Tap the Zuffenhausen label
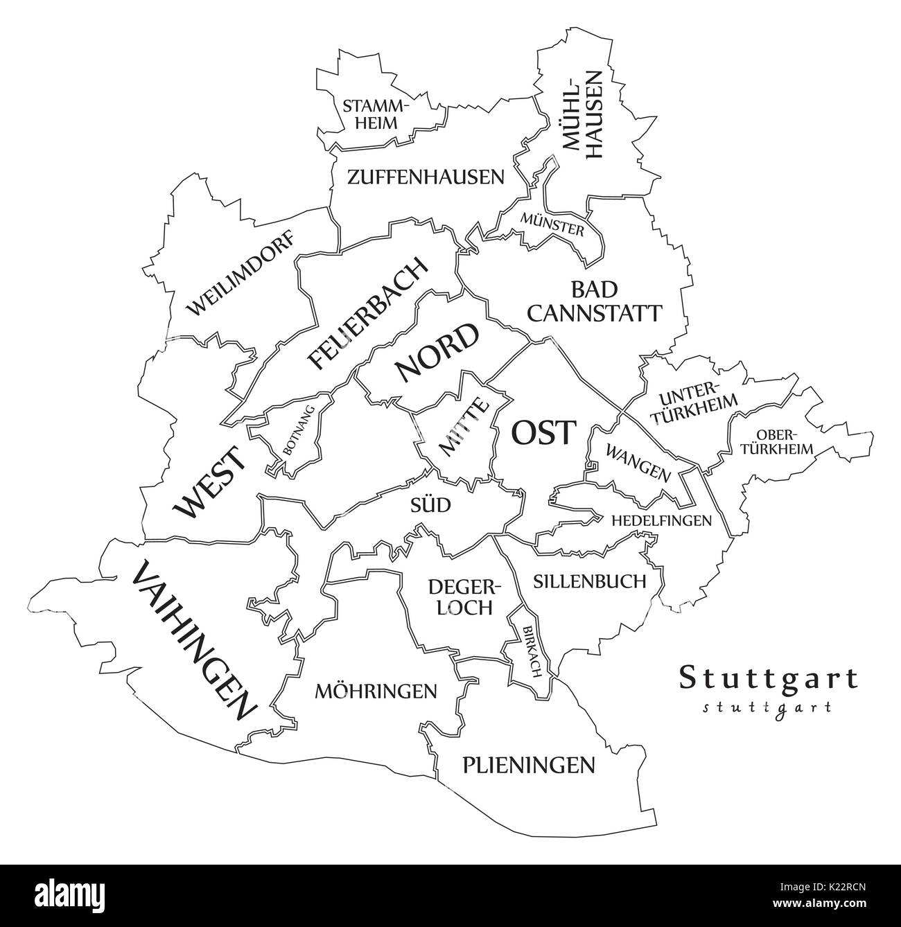click(x=426, y=177)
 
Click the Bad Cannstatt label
click(x=594, y=301)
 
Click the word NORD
click(x=437, y=353)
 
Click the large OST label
click(x=543, y=434)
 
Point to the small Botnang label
click(x=299, y=431)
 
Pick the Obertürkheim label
click(x=785, y=441)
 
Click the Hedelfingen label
click(x=661, y=520)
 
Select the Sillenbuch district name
click(x=589, y=581)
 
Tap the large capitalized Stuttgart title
click(x=768, y=678)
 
